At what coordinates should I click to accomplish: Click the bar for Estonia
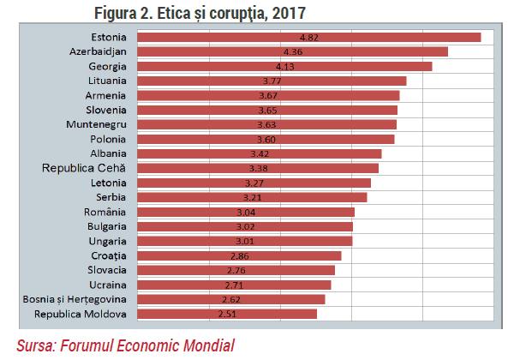(x=309, y=38)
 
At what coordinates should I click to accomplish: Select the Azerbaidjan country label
(x=98, y=51)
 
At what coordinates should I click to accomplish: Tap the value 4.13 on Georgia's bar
(x=285, y=67)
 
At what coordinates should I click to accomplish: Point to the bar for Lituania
(x=272, y=81)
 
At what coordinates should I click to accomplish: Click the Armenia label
(x=105, y=96)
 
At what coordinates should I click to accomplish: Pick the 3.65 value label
(x=267, y=111)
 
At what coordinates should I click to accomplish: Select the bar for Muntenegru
(x=266, y=124)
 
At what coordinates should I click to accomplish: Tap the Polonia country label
(x=108, y=140)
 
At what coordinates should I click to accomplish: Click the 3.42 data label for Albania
(x=260, y=153)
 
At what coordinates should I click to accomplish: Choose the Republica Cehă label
(x=84, y=168)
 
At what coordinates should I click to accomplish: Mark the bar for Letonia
(x=254, y=183)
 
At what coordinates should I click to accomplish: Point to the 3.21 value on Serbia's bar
(x=252, y=197)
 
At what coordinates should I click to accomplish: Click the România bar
(x=246, y=212)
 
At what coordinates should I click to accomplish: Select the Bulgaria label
(x=107, y=226)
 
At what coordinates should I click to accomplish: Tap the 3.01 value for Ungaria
(x=245, y=242)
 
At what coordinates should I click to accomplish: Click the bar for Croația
(x=239, y=255)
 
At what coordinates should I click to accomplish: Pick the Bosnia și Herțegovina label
(x=75, y=300)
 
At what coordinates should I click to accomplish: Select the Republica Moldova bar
(x=227, y=314)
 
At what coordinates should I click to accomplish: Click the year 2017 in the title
(x=289, y=14)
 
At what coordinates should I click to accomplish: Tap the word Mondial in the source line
(x=209, y=345)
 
